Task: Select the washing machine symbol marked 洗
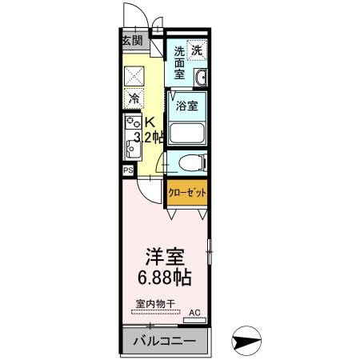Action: click(x=197, y=50)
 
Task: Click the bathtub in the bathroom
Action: click(x=187, y=132)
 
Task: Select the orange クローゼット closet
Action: click(x=187, y=194)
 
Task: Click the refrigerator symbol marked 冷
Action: click(x=134, y=100)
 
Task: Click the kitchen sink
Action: click(x=131, y=148)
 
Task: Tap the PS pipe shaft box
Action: click(x=127, y=170)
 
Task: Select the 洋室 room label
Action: click(x=165, y=258)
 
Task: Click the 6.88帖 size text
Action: click(x=165, y=281)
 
